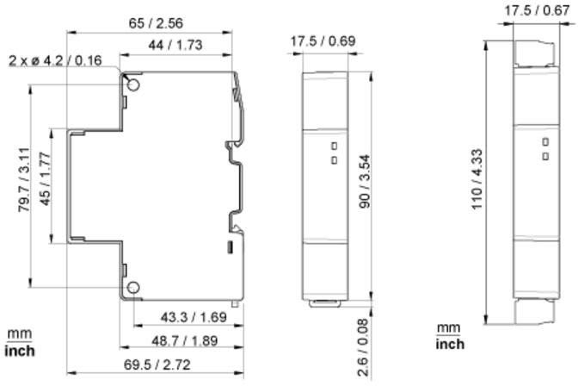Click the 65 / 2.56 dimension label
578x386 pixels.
[x=156, y=23]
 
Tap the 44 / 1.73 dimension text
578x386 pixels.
[x=175, y=45]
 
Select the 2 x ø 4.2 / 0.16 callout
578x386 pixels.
[x=55, y=60]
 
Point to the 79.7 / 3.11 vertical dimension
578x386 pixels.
[x=24, y=179]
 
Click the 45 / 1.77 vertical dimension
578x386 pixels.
[x=45, y=178]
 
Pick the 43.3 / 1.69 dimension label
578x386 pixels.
[x=194, y=317]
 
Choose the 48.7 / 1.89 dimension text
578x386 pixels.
[x=185, y=340]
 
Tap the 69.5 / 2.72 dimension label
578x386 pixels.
[x=157, y=365]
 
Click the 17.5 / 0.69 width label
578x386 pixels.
[x=323, y=41]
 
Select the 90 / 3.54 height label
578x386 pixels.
[x=365, y=181]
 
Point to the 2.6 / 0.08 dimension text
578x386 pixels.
[x=364, y=347]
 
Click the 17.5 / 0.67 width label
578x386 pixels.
[x=537, y=10]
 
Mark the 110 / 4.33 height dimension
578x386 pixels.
[x=477, y=179]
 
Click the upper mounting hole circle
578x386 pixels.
[x=133, y=85]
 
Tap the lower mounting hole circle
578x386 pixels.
[x=133, y=288]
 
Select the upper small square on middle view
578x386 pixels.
[x=335, y=146]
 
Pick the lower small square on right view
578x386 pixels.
[x=545, y=157]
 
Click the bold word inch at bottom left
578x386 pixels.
[x=20, y=351]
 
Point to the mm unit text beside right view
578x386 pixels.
[x=449, y=328]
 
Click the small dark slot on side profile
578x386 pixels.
[x=230, y=246]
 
